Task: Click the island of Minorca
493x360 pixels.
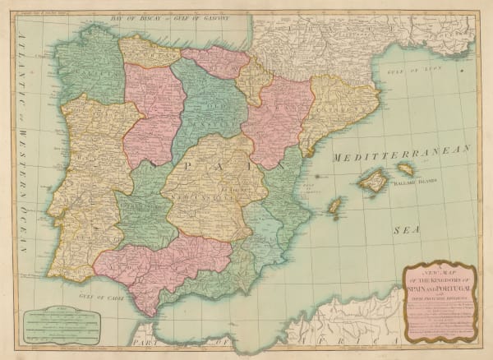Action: point(405,168)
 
